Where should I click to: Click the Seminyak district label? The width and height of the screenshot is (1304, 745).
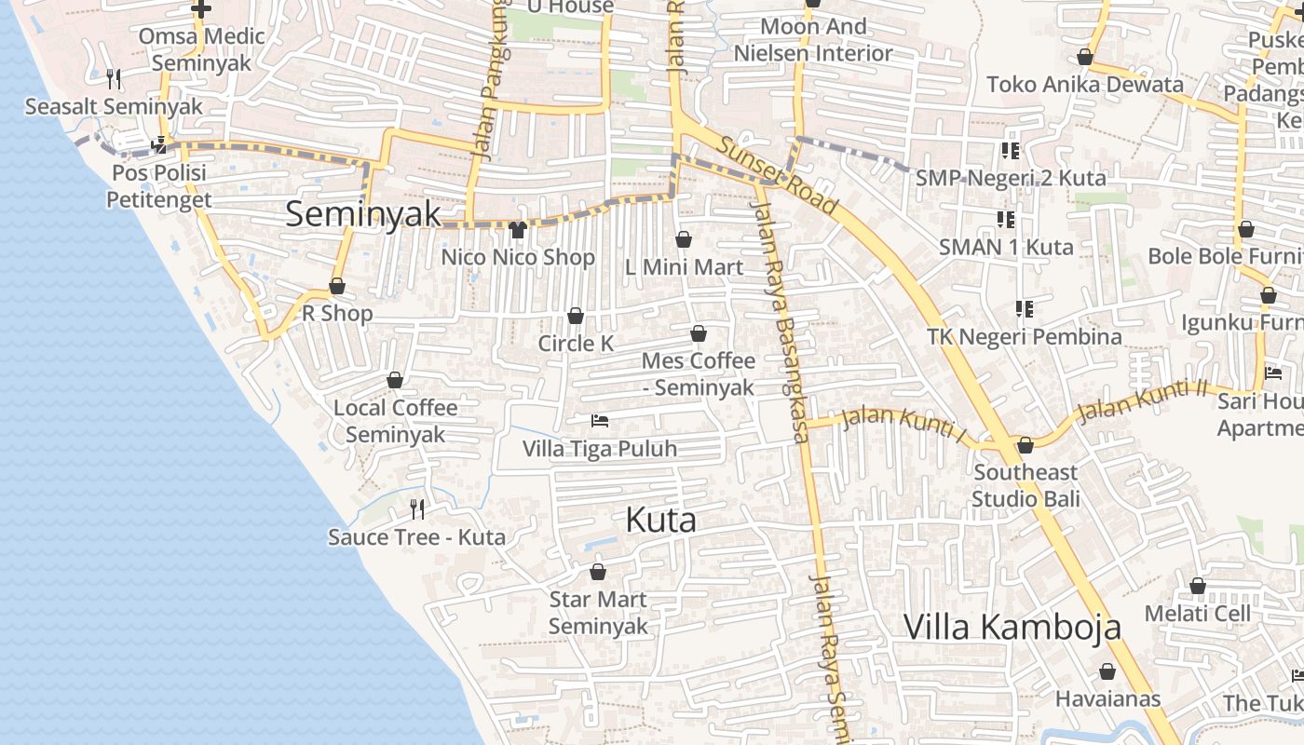(363, 214)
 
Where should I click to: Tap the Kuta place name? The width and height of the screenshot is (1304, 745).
(660, 520)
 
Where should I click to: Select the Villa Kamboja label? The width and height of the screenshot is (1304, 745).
(1012, 628)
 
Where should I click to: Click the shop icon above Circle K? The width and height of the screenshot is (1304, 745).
(576, 317)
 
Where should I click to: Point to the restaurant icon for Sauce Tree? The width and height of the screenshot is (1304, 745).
(417, 508)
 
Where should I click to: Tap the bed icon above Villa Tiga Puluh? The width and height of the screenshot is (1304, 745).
(600, 422)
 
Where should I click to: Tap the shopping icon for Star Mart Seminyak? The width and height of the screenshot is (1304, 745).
(598, 572)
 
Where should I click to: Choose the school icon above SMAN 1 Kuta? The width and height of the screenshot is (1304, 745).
(1006, 220)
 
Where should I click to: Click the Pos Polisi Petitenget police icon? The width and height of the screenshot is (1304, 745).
(160, 144)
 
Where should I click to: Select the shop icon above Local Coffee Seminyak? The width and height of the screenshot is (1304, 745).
(395, 381)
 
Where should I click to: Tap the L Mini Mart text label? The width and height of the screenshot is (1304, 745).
(684, 267)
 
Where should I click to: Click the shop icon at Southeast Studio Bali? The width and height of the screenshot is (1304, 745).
(1026, 446)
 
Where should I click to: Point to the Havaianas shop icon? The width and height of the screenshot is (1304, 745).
(1107, 671)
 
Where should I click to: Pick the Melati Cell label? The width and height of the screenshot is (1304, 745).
(1198, 613)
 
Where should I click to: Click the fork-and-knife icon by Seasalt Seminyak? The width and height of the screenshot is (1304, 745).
(114, 79)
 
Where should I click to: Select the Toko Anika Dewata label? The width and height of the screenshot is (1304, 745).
(1085, 84)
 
